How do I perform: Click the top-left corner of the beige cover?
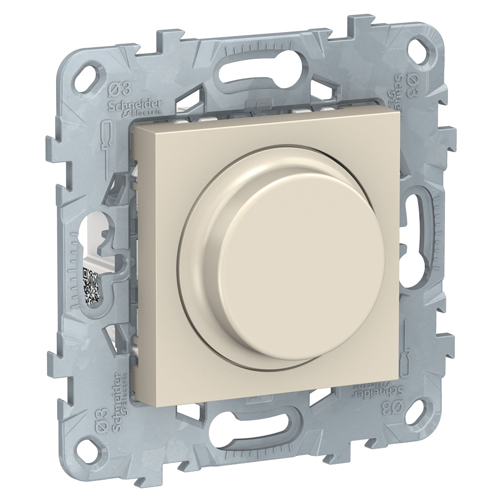coord(133,126)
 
